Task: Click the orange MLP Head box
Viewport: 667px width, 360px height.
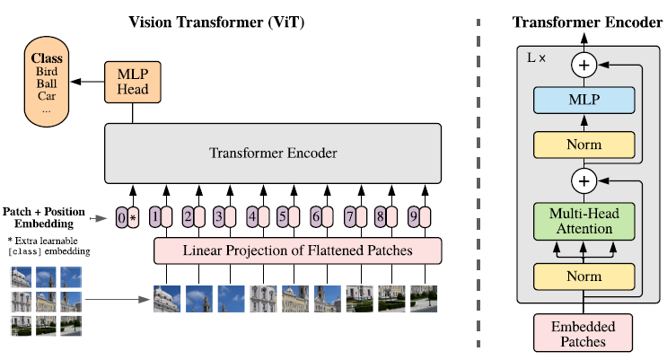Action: coord(133,82)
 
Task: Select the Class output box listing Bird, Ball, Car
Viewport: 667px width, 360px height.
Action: coord(47,82)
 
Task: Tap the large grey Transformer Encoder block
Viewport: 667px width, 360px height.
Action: coord(273,154)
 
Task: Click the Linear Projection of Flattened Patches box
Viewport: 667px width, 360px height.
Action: coord(297,250)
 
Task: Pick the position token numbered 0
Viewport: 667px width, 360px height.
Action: coord(122,217)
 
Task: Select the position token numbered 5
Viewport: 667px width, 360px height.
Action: coord(283,217)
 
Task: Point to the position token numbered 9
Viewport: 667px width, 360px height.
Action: coord(414,217)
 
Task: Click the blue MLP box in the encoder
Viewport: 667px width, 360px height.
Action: coord(584,100)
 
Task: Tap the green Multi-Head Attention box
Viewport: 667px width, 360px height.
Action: coord(584,221)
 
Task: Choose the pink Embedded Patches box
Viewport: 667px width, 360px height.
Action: coord(583,333)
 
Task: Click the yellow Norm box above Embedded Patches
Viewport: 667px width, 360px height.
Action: coord(584,277)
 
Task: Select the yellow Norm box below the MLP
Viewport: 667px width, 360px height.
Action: coord(584,145)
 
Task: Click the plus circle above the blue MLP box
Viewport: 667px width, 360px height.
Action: coord(584,66)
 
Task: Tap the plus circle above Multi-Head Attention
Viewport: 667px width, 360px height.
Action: coord(584,180)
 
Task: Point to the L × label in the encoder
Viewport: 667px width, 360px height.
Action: coord(536,57)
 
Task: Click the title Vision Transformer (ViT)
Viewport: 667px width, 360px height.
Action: coord(216,22)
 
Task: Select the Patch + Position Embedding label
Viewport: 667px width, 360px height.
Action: coord(44,217)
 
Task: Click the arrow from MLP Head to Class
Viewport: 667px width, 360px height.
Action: coord(87,82)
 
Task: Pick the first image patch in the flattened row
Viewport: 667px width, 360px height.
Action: coord(167,299)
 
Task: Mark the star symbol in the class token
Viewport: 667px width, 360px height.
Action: coord(133,218)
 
